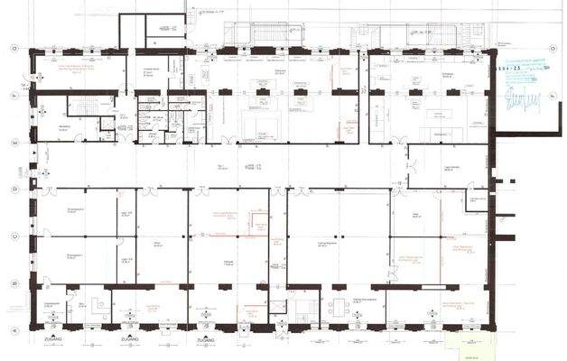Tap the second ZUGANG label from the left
pyautogui.click(x=126, y=340)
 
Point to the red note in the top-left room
pyautogui.click(x=77, y=69)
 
